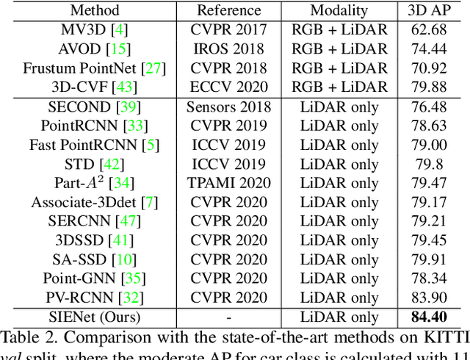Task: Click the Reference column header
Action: (229, 10)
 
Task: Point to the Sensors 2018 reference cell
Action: (229, 107)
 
